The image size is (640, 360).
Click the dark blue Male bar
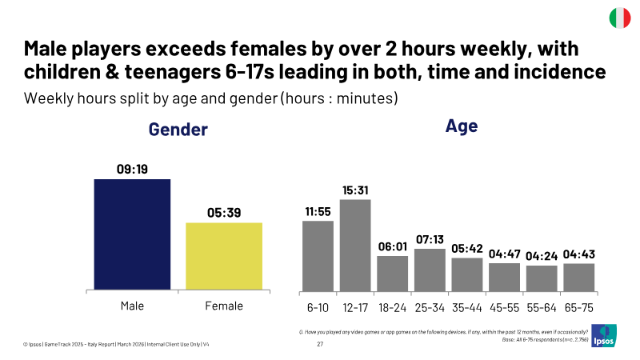[132, 234]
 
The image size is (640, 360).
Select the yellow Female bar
[224, 256]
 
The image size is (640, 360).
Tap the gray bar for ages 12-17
[355, 246]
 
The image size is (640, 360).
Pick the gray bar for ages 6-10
[318, 256]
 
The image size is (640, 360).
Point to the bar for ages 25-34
[430, 270]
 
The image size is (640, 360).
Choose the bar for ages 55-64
[542, 278]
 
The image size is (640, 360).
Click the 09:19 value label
[132, 169]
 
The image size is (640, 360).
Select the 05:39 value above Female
[224, 213]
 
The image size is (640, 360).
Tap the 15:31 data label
[355, 190]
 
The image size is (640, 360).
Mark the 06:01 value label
[393, 246]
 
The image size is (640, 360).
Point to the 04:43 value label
[579, 254]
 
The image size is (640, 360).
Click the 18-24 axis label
[393, 308]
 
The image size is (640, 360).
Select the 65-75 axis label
[579, 308]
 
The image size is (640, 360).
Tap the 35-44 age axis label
[467, 308]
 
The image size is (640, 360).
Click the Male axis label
[132, 306]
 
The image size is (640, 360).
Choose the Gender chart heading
[178, 130]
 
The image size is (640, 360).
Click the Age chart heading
[462, 126]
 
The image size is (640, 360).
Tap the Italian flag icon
[620, 18]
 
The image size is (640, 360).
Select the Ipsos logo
[604, 336]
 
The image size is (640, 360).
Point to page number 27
[320, 344]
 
